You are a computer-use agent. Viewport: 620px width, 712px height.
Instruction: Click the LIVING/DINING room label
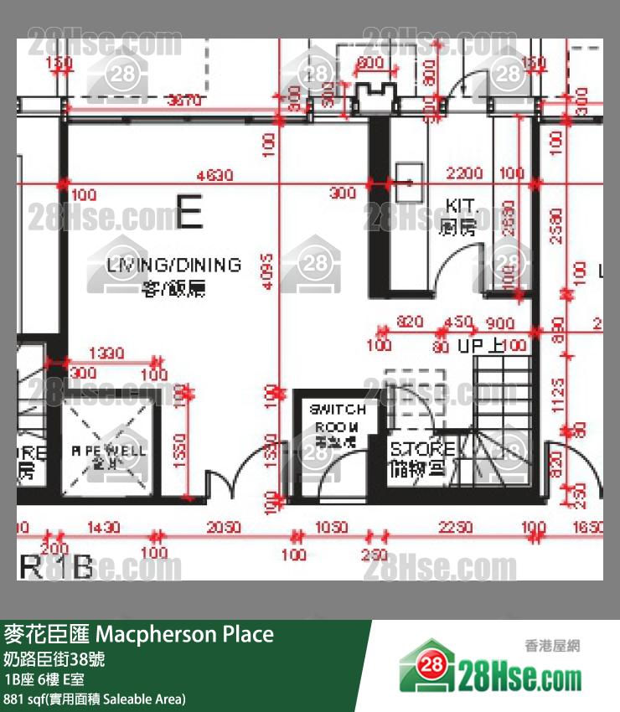click(173, 266)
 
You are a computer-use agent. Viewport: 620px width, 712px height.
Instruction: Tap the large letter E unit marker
click(189, 211)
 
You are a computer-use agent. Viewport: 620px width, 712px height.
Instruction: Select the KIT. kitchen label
click(461, 206)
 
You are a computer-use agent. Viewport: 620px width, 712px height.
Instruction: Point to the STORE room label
click(422, 450)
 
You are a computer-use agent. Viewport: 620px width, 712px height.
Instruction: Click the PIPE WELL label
click(108, 451)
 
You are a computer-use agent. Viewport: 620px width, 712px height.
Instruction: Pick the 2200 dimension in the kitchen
click(464, 173)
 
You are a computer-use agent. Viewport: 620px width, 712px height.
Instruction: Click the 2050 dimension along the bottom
click(224, 528)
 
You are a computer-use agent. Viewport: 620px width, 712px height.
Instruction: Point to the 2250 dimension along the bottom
click(456, 528)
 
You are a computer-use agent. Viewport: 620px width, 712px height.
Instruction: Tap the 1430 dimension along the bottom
click(103, 528)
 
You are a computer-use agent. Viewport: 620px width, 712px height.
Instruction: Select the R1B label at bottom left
click(55, 568)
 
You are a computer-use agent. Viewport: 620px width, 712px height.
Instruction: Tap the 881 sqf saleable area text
click(95, 699)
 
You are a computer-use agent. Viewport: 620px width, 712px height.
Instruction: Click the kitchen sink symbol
click(408, 177)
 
